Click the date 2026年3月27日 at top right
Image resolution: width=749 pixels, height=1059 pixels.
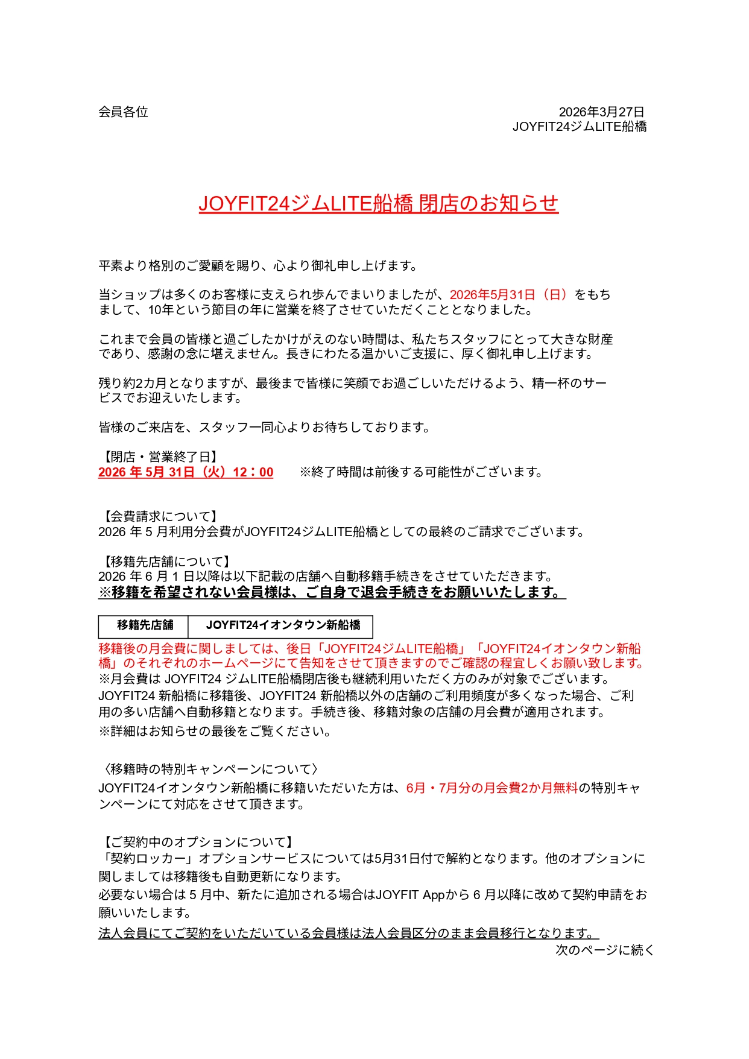pos(601,112)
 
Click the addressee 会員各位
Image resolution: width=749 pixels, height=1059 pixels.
pos(123,112)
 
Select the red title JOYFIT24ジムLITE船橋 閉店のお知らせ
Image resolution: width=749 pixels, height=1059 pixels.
pos(378,204)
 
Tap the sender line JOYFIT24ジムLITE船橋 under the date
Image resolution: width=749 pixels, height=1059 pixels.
pos(579,127)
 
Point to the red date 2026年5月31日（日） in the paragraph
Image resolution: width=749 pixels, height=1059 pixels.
pos(508,295)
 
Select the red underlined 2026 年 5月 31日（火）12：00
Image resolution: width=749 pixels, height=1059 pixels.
pos(186,472)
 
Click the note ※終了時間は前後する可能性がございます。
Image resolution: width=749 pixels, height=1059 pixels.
pos(422,472)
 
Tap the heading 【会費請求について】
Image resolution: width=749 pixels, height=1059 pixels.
pos(159,516)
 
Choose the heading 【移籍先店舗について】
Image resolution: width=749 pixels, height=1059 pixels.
pos(165,562)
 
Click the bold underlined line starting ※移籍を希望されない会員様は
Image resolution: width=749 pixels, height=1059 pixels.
pos(332,593)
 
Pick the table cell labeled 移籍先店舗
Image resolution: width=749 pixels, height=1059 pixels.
pos(144,625)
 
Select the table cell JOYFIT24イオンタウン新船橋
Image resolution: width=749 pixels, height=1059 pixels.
pos(283,625)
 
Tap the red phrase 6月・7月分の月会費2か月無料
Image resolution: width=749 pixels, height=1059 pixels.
pos(491,788)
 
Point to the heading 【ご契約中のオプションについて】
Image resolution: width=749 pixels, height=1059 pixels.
pos(197,842)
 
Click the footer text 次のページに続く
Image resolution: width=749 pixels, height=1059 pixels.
pos(604,950)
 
